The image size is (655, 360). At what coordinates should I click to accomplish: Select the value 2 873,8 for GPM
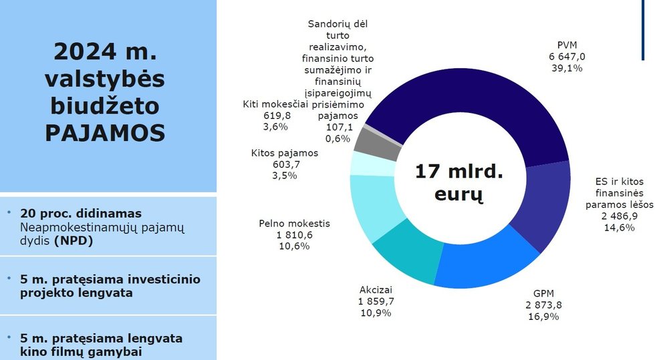tap(543, 305)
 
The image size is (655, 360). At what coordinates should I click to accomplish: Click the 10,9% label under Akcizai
tap(376, 313)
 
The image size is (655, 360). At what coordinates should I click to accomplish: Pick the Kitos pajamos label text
tap(285, 153)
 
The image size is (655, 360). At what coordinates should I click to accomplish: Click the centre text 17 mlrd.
tap(458, 172)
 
